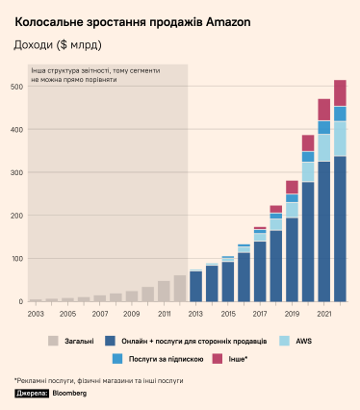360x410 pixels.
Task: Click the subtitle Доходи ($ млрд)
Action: tap(57, 44)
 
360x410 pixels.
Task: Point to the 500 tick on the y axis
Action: tap(15, 87)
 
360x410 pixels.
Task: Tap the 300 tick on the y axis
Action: tap(15, 172)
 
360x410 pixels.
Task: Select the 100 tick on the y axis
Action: tap(15, 259)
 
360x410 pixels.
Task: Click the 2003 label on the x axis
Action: tap(36, 314)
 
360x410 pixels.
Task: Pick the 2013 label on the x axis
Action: tap(195, 314)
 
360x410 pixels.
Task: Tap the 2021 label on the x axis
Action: tap(323, 314)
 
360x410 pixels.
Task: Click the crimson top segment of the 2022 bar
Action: tap(340, 92)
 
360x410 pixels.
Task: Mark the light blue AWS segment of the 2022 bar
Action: tap(340, 138)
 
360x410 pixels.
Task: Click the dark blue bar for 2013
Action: tap(195, 286)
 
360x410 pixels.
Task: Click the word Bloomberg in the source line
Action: tap(68, 394)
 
